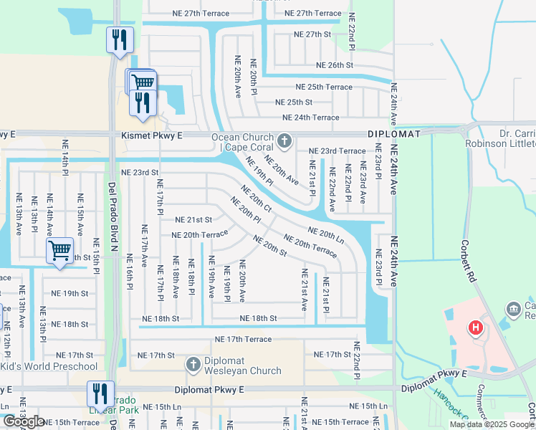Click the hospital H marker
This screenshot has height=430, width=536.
click(x=475, y=329)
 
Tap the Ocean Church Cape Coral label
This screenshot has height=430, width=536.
click(x=241, y=143)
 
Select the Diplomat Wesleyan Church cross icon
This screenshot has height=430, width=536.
click(x=193, y=365)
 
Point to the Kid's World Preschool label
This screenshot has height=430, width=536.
click(x=48, y=366)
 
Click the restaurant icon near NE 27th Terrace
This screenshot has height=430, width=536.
click(x=119, y=39)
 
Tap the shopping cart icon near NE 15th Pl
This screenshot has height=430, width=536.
click(x=59, y=251)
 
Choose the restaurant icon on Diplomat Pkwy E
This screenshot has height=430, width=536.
click(x=99, y=393)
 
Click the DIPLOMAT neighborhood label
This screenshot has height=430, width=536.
click(x=394, y=134)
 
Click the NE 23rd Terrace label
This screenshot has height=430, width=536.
click(x=337, y=151)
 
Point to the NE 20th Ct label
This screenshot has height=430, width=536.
click(x=257, y=199)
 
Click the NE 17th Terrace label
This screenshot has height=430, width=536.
click(x=243, y=339)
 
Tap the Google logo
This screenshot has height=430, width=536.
click(x=24, y=421)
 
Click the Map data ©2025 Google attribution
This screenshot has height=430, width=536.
click(x=492, y=424)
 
